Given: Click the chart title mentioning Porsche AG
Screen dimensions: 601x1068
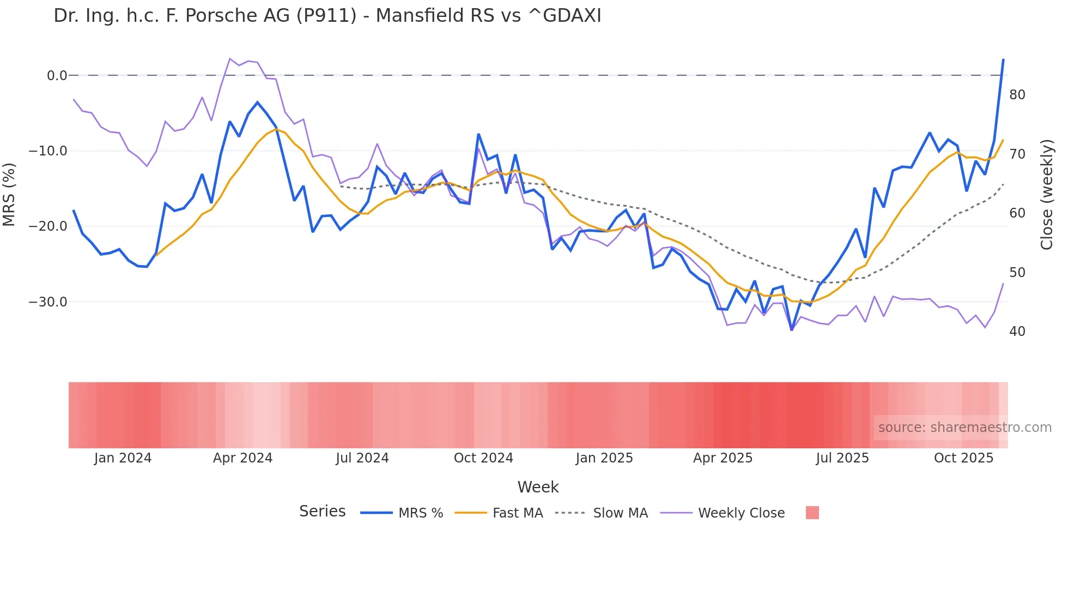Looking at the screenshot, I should [x=327, y=16].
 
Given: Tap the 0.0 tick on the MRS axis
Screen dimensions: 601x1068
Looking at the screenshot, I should [x=57, y=76].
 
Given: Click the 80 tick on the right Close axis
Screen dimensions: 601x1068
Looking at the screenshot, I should [x=1017, y=95].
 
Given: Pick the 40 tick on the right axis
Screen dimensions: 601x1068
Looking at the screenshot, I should [x=1017, y=332].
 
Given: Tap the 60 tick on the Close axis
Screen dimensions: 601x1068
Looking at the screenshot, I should [x=1017, y=213].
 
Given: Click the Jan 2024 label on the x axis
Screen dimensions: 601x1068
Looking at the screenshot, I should [x=123, y=458].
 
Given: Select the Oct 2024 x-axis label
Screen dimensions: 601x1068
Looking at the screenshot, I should [x=483, y=458].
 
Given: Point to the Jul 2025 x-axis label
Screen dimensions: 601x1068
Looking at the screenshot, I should [x=842, y=458].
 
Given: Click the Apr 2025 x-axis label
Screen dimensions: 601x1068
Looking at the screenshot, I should [x=723, y=458].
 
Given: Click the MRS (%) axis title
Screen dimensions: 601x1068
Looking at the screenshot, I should [x=9, y=194].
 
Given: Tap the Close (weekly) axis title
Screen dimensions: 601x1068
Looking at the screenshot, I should [x=1047, y=195].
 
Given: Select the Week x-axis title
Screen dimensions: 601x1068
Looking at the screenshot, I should [x=538, y=487].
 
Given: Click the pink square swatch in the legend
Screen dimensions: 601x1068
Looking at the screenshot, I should [x=812, y=513].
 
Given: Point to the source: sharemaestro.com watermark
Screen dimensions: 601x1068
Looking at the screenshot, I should [x=964, y=428].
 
